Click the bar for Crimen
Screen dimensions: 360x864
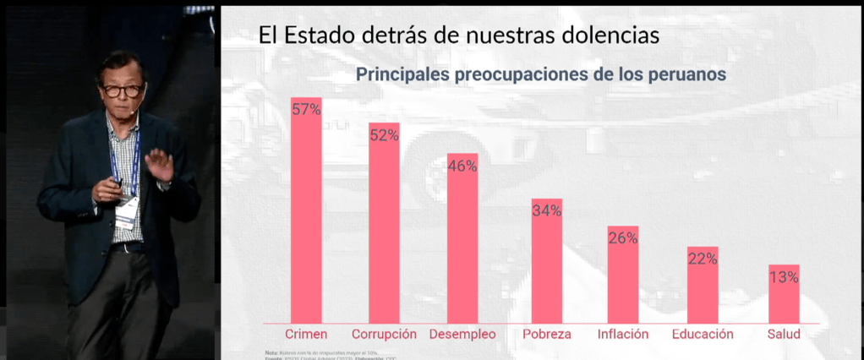click(x=306, y=220)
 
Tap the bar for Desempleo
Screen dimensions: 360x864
click(x=462, y=245)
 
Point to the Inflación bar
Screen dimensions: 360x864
click(x=623, y=279)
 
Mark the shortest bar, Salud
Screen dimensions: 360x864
click(x=784, y=297)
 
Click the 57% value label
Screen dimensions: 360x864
click(x=306, y=109)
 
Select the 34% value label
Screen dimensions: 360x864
click(x=547, y=210)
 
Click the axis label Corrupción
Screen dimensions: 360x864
click(x=384, y=334)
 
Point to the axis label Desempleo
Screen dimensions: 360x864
click(x=462, y=334)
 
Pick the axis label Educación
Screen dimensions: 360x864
click(x=703, y=334)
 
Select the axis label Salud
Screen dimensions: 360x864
click(x=784, y=334)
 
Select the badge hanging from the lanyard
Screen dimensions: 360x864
click(x=126, y=213)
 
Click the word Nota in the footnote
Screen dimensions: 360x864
click(x=271, y=352)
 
